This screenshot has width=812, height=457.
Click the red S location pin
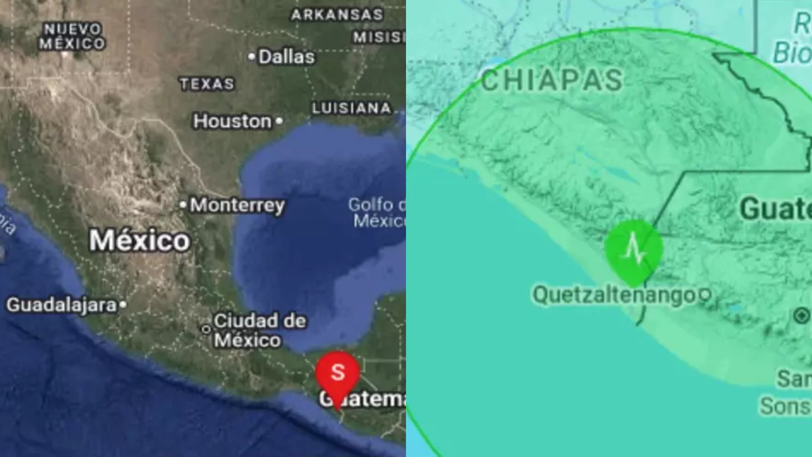pos(337,373)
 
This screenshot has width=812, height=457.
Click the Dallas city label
pos(286,57)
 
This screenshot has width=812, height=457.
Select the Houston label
pos(232,122)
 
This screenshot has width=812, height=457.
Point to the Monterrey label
pos(237,206)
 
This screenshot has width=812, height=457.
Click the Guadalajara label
pos(61,305)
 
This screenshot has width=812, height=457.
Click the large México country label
pos(140,241)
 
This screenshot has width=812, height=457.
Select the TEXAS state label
pos(207,84)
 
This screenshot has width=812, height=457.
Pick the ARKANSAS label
pos(337,15)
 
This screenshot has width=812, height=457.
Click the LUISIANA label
pos(351,108)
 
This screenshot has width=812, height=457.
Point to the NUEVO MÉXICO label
pos(72,36)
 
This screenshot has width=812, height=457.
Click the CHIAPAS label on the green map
pos(552,80)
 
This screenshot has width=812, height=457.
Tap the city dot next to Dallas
pos(252,56)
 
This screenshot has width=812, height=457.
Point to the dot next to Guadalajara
pos(123,304)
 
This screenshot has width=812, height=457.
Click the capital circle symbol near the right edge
pos(801,316)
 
